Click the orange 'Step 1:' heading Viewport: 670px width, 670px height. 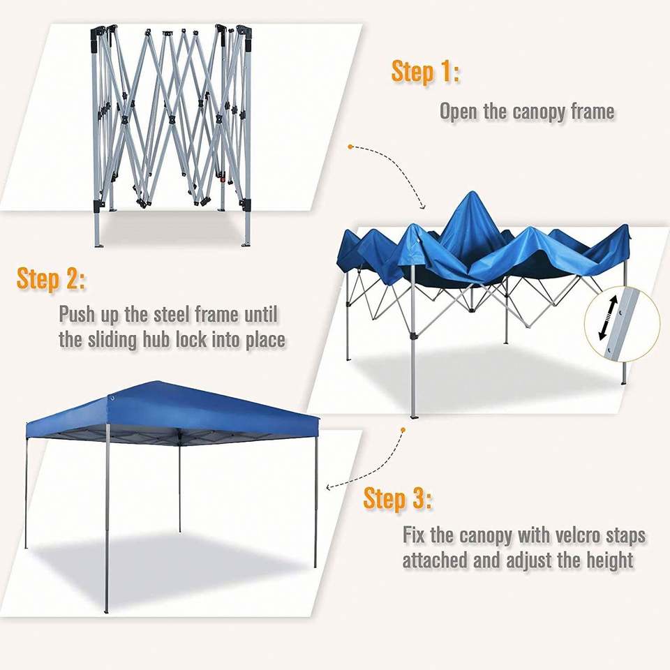click(x=426, y=71)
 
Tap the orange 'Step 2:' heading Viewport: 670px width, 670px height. click(x=51, y=278)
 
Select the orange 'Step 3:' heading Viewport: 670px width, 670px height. click(x=397, y=498)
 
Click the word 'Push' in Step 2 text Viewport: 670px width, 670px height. click(x=77, y=315)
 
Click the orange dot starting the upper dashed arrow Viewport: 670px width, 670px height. click(x=350, y=147)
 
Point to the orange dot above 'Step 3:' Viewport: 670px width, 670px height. click(x=403, y=429)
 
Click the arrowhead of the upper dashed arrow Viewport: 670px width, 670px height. click(x=423, y=207)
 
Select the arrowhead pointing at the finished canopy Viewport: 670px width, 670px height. click(x=329, y=487)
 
